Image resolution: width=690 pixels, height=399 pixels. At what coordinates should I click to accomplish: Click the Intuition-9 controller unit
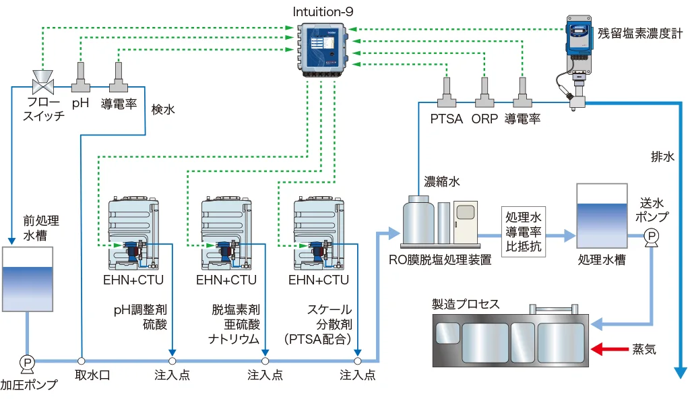tap(323, 47)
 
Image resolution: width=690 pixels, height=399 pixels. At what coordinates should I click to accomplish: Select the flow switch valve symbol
tap(44, 84)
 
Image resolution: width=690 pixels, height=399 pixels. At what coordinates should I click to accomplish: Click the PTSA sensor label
tap(447, 119)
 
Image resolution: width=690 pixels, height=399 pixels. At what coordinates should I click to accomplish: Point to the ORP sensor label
tap(484, 119)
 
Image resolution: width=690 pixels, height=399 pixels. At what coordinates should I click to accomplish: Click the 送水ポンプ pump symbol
tap(652, 237)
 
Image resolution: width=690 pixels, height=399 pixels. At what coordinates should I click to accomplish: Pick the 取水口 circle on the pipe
tap(81, 361)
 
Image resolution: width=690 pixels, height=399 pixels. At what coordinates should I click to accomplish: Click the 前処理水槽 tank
tap(28, 280)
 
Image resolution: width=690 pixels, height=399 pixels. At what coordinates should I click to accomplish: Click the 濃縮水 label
tap(442, 181)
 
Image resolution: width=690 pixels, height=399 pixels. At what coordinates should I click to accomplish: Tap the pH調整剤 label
tap(140, 310)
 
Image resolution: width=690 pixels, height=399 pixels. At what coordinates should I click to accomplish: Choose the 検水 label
tap(163, 109)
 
